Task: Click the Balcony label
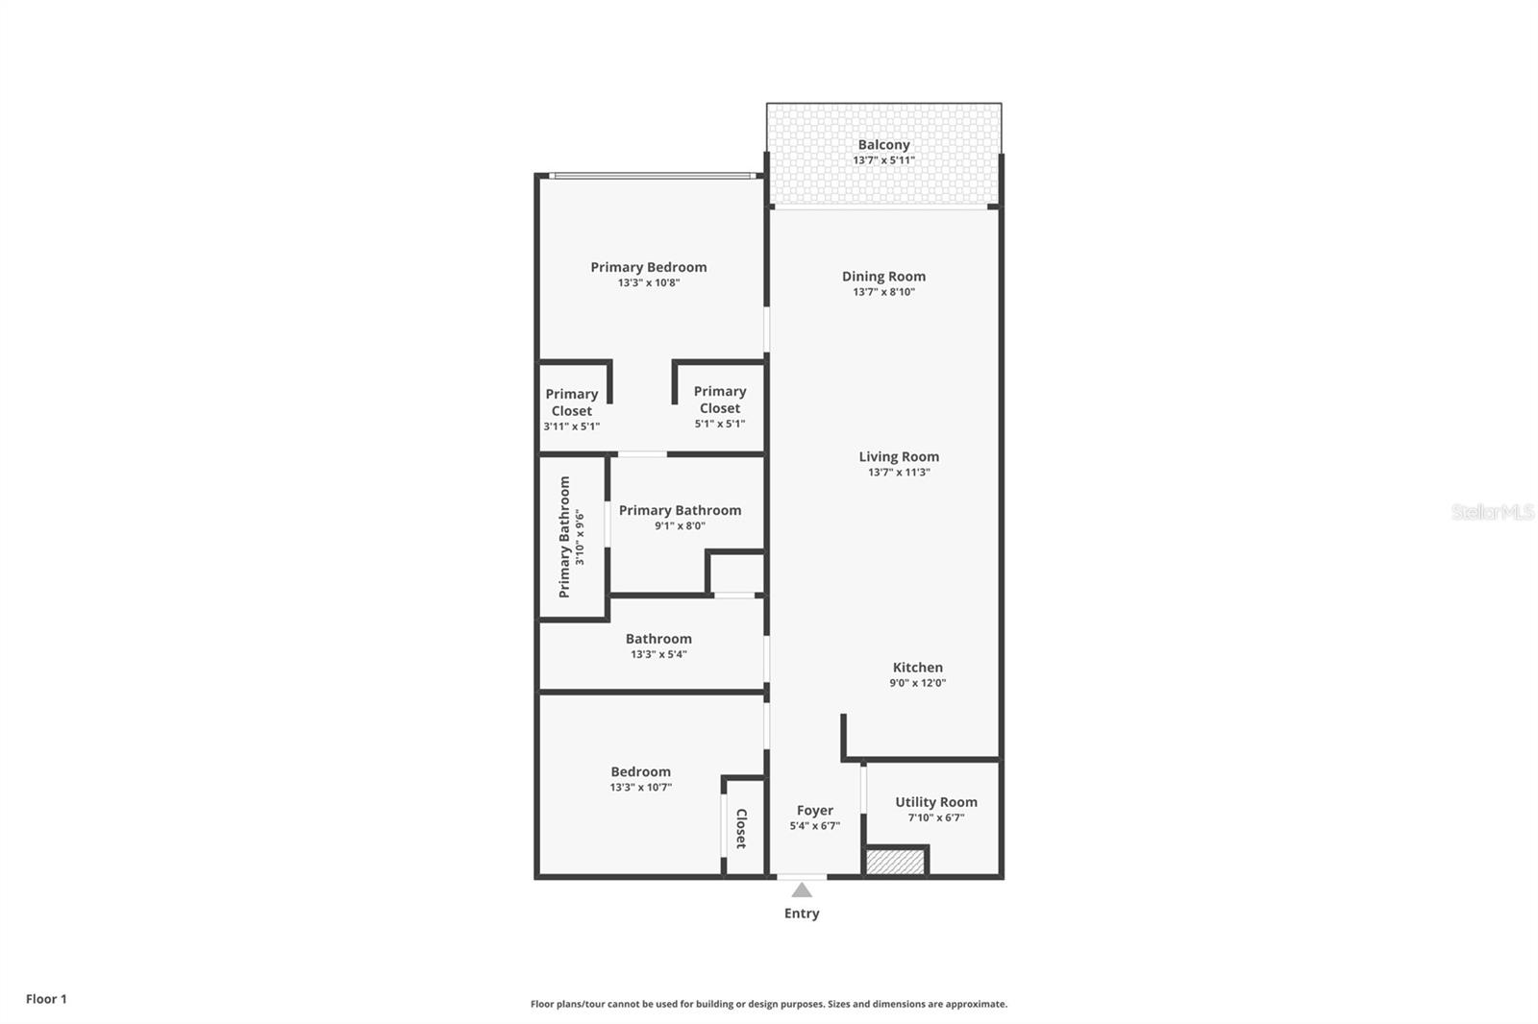click(883, 145)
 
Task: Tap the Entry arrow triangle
click(802, 890)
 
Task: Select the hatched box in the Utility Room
click(895, 862)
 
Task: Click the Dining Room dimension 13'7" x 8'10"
click(883, 292)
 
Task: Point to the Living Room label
click(899, 456)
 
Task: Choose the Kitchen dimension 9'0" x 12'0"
click(918, 683)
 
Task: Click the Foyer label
click(815, 811)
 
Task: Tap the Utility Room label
click(936, 802)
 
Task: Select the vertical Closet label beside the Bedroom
click(741, 828)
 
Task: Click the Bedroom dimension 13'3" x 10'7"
click(640, 787)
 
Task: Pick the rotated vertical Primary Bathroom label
click(565, 537)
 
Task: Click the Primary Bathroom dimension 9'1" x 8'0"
click(681, 525)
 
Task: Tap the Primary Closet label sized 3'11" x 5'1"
click(572, 402)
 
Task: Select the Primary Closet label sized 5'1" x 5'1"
click(720, 400)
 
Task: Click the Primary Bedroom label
click(649, 267)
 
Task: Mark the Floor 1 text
click(46, 999)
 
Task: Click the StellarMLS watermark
click(1492, 512)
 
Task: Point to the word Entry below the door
click(802, 914)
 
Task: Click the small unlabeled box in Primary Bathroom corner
click(737, 573)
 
